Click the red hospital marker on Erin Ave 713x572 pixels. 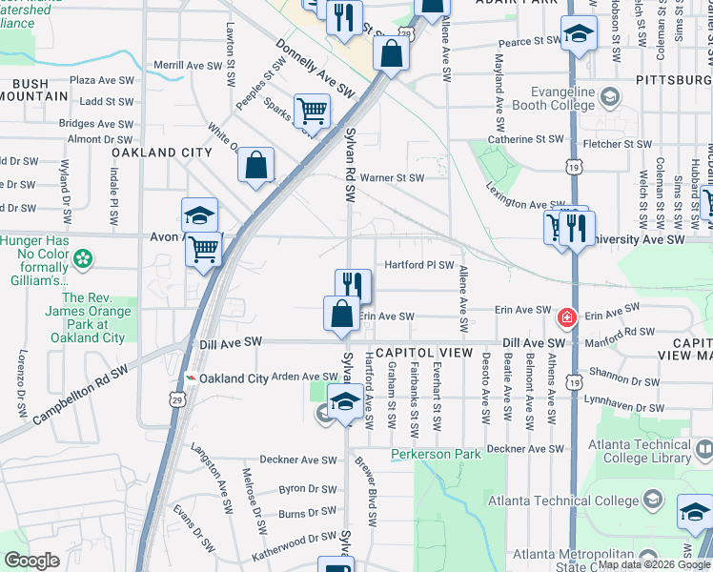pyautogui.click(x=567, y=316)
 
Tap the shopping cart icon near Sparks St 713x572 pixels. pyautogui.click(x=312, y=111)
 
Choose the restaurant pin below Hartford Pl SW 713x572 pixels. pyautogui.click(x=353, y=284)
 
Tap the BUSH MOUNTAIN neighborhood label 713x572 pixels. pyautogui.click(x=31, y=91)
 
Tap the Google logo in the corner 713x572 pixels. pyautogui.click(x=31, y=561)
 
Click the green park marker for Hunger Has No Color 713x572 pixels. pyautogui.click(x=84, y=258)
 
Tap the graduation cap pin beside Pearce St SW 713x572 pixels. pyautogui.click(x=578, y=34)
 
